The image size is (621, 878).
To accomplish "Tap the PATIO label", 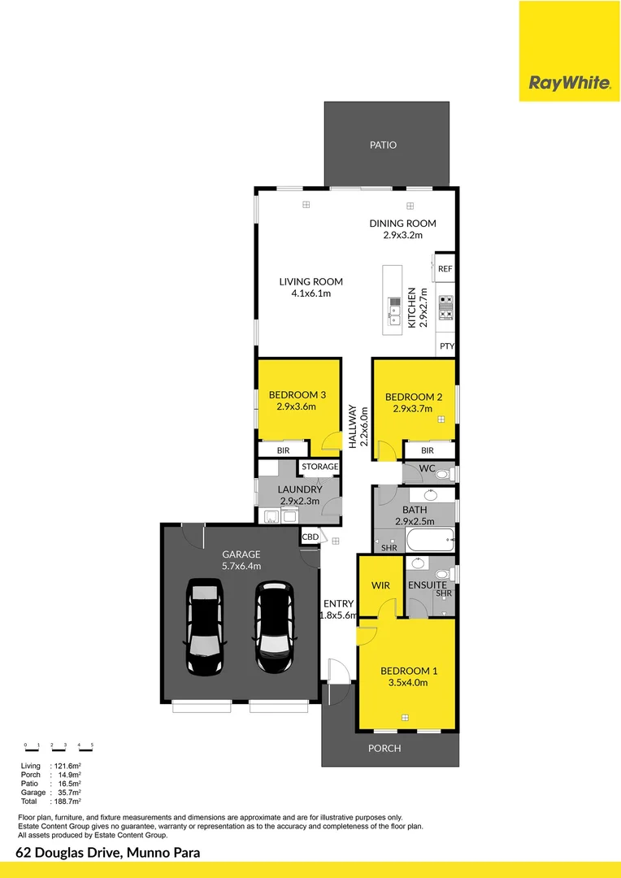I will [x=383, y=145].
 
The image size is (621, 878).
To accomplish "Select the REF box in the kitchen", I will [x=445, y=268].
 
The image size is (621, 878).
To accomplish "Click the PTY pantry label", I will [x=446, y=346].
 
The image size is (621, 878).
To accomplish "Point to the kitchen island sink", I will [x=394, y=310].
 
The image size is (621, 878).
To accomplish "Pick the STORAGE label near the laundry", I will [x=319, y=467].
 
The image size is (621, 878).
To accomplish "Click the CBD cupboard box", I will [x=310, y=537].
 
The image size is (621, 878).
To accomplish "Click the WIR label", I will [x=380, y=585].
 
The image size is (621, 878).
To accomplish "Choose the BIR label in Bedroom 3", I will [x=283, y=450].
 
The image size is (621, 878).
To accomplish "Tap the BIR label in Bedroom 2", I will [x=428, y=450].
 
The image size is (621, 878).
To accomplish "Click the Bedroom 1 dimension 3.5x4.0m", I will [x=409, y=683].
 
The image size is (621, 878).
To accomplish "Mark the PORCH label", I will [x=384, y=748].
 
